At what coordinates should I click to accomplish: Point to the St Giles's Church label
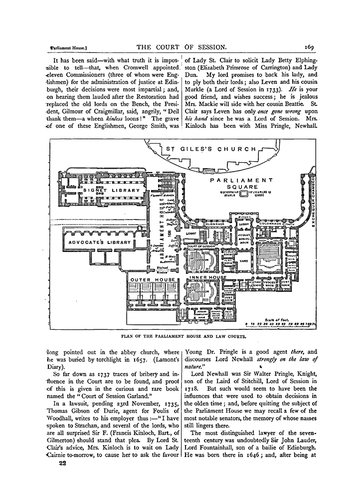tap(211, 149)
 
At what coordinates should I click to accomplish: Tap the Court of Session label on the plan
tap(201, 247)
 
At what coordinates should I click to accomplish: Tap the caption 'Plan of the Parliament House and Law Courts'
tap(181, 336)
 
